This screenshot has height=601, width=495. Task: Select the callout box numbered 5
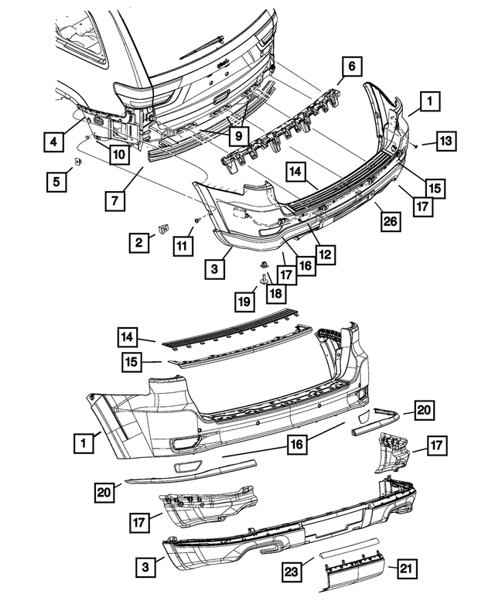pyautogui.click(x=54, y=183)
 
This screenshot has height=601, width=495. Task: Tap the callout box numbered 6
pyautogui.click(x=350, y=67)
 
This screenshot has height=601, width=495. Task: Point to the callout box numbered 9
pyautogui.click(x=238, y=135)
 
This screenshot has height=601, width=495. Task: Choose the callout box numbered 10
pyautogui.click(x=118, y=155)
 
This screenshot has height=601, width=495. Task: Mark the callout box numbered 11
pyautogui.click(x=181, y=246)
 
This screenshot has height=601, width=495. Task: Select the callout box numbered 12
pyautogui.click(x=325, y=253)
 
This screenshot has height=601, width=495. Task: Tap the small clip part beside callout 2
pyautogui.click(x=164, y=228)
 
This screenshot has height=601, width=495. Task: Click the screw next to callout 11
pyautogui.click(x=198, y=220)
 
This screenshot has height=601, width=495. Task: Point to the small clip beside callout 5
pyautogui.click(x=78, y=162)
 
